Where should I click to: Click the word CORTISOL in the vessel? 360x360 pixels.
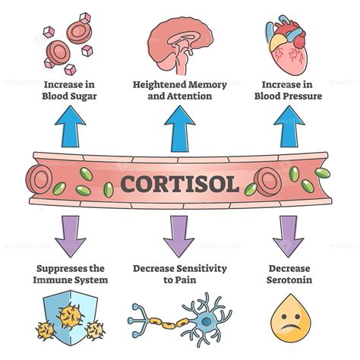pyautogui.click(x=180, y=183)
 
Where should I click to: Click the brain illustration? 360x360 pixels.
pyautogui.click(x=180, y=42)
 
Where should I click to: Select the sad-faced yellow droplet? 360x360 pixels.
pyautogui.click(x=289, y=319)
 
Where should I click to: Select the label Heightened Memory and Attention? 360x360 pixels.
pyautogui.click(x=180, y=90)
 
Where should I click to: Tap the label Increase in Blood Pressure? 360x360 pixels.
pyautogui.click(x=289, y=90)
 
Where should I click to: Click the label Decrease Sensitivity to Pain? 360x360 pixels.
pyautogui.click(x=180, y=274)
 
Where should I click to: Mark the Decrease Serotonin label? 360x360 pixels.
pyautogui.click(x=289, y=274)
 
